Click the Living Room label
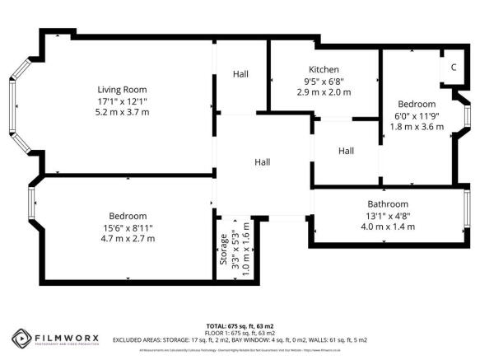click(x=121, y=89)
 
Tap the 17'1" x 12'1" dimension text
click(x=121, y=100)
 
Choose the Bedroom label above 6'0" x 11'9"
click(x=417, y=105)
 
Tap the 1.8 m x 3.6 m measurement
click(x=417, y=126)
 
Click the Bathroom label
click(x=387, y=203)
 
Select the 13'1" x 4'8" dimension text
click(x=387, y=215)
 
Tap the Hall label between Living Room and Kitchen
click(x=240, y=74)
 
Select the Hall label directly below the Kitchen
click(x=346, y=151)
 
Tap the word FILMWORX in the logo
click(x=66, y=336)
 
